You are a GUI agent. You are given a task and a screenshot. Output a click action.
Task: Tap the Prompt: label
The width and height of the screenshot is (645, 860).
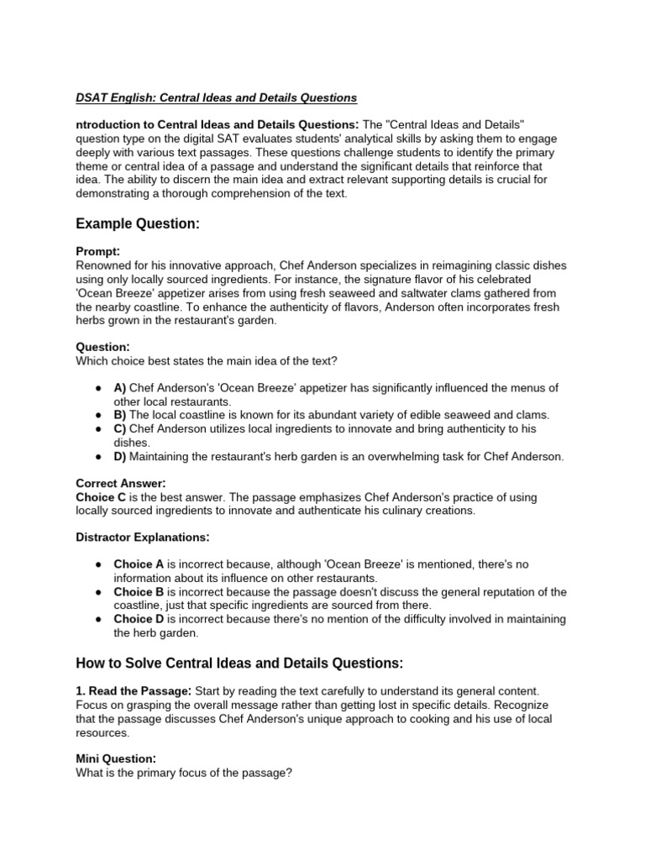(98, 251)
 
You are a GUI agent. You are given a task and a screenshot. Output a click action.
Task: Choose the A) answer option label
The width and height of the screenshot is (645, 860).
(120, 387)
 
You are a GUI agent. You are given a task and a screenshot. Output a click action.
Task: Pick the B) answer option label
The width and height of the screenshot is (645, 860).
(120, 415)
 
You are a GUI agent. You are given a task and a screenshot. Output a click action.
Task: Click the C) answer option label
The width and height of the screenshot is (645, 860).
(120, 428)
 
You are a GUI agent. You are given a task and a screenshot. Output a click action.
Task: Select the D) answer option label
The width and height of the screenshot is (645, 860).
(120, 456)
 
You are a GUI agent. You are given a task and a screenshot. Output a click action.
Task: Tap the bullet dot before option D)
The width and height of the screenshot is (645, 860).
(99, 456)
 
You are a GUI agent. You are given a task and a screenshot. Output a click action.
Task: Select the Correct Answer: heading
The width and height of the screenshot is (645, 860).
(121, 483)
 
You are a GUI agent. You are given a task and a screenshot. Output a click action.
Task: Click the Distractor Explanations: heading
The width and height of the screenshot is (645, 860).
(142, 537)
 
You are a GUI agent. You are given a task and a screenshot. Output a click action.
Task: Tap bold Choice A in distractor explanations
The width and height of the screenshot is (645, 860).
(139, 564)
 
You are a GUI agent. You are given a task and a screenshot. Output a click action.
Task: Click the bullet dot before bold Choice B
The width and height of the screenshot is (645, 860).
(99, 591)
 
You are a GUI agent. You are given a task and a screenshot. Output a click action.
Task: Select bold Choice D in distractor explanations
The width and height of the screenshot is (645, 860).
(139, 619)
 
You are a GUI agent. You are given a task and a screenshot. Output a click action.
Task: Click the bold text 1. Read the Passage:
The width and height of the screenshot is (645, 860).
(134, 690)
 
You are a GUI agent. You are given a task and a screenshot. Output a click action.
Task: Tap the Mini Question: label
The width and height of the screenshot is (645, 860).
(116, 758)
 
